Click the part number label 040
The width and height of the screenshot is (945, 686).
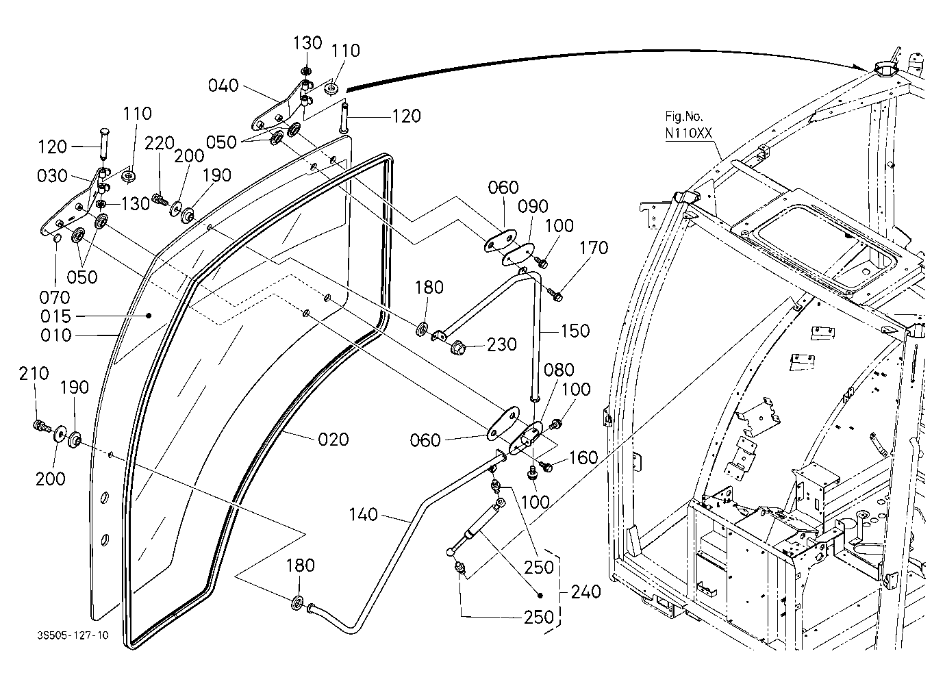click(x=223, y=86)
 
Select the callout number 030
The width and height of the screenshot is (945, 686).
click(x=52, y=176)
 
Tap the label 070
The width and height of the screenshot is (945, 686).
click(x=54, y=298)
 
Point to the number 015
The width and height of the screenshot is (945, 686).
click(x=55, y=316)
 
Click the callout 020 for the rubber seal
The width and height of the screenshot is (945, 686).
click(x=333, y=440)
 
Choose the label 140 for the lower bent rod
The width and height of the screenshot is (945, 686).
click(x=363, y=515)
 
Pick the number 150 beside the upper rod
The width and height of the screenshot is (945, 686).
click(x=575, y=331)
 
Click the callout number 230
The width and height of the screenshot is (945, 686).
click(x=502, y=344)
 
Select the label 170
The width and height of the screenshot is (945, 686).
click(x=594, y=248)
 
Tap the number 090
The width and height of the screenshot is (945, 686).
click(x=533, y=206)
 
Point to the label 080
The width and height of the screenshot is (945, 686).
click(x=559, y=370)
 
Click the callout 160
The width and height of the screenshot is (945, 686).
click(x=584, y=458)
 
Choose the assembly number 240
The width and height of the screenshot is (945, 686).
click(x=585, y=592)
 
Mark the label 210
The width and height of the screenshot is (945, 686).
click(x=34, y=373)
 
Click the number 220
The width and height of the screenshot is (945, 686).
click(x=160, y=144)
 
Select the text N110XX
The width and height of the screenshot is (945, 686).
click(x=688, y=134)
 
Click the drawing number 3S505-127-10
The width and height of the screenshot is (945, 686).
click(x=73, y=635)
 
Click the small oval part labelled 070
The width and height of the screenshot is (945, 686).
click(x=58, y=240)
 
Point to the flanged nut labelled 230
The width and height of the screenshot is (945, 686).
click(x=458, y=348)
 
